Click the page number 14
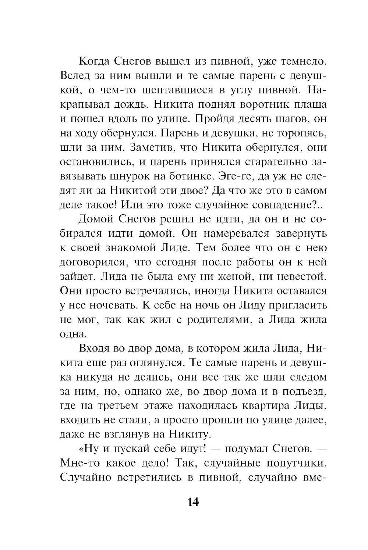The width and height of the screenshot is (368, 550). (193, 502)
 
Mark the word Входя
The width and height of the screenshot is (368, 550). (94, 348)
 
